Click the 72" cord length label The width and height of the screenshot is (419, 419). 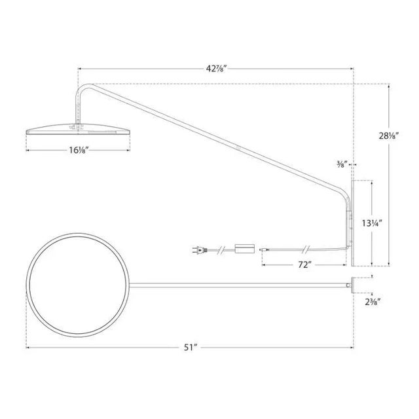click(x=302, y=265)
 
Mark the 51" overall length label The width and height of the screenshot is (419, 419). click(x=189, y=347)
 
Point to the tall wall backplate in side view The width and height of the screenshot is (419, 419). click(x=352, y=223)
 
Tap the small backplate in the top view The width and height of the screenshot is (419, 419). click(x=352, y=283)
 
